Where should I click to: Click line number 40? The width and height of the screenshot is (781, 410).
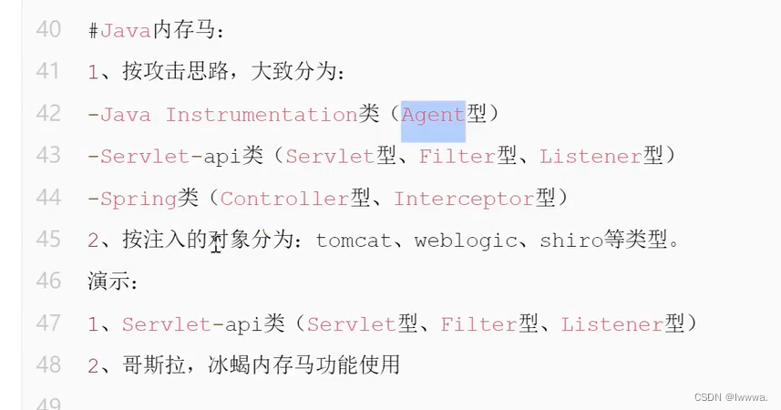coord(48,30)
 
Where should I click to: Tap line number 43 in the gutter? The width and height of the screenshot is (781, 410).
coord(48,156)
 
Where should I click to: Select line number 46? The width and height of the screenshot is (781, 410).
coord(48,281)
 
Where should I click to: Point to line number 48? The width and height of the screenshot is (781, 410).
coord(48,365)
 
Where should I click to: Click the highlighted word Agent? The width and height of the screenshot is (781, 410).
coord(433,115)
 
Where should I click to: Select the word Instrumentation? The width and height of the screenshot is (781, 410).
coord(262,115)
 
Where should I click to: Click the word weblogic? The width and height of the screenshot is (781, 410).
coord(458,241)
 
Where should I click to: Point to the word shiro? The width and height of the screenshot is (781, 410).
coord(571,241)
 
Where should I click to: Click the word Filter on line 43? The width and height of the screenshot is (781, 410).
coord(457,156)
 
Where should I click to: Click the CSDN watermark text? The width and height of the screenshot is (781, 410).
coord(730,397)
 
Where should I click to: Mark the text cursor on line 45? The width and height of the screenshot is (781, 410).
coord(216,244)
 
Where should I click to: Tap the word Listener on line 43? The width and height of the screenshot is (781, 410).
coord(591,156)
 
